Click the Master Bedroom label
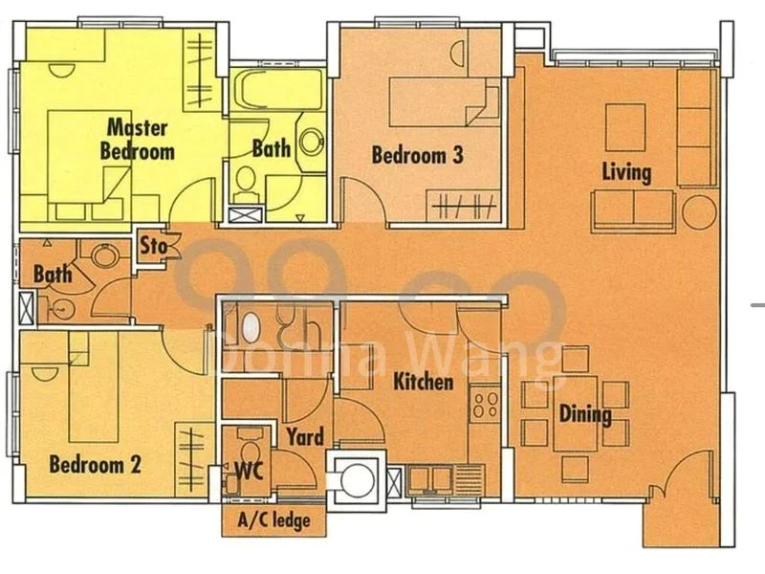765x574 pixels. [x=137, y=139]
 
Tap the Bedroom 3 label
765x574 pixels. [x=418, y=154]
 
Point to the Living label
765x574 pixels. [x=626, y=172]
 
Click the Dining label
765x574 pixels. [x=585, y=414]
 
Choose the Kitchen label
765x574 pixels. [x=424, y=382]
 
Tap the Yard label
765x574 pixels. [x=304, y=437]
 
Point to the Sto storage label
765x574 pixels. [x=153, y=246]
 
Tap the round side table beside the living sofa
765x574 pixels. [x=699, y=211]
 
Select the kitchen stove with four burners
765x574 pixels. [x=485, y=404]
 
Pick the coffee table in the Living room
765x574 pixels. [x=625, y=126]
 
